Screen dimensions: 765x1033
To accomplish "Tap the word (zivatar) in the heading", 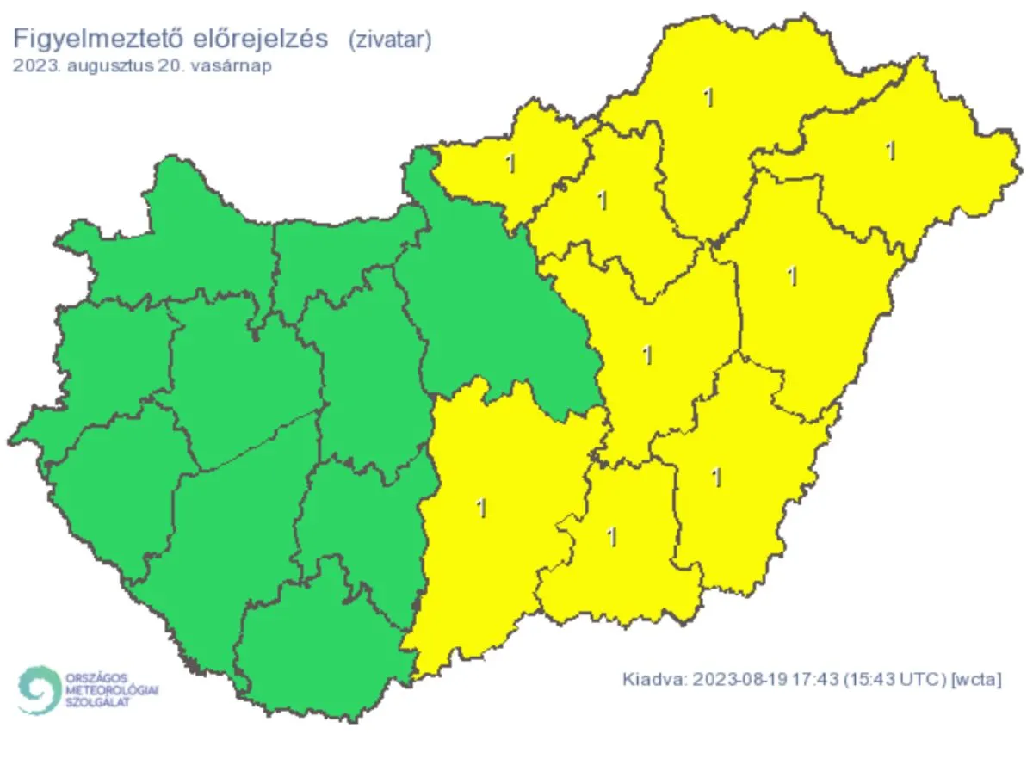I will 388,39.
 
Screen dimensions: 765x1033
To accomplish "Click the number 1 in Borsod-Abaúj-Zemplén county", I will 708,98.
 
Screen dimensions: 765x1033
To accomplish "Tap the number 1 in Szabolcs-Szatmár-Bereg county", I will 891,151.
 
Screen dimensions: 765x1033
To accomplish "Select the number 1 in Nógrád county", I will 511,163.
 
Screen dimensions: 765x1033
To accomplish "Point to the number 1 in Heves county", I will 602,201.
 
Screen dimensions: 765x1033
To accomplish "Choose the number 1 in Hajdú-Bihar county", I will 792,276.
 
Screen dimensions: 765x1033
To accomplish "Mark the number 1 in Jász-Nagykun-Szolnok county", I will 647,354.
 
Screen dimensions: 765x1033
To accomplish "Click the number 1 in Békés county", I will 716,477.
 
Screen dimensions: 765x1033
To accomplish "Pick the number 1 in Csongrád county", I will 612,537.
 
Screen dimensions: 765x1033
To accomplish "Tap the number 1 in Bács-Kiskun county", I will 481,508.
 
